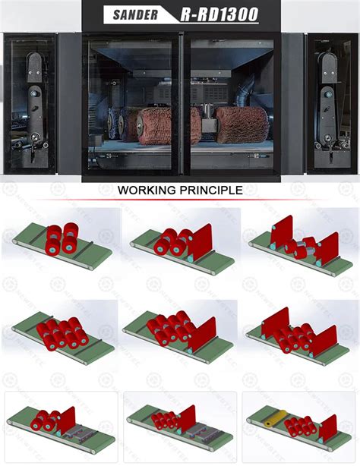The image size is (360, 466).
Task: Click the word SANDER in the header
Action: [x=135, y=15]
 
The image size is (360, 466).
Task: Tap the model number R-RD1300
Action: [x=219, y=14]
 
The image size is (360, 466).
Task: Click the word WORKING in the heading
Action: [x=147, y=190]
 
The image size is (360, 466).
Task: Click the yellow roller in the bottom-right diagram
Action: [x=275, y=418]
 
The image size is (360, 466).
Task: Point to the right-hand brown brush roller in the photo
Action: [x=241, y=124]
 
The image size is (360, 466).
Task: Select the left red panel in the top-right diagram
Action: [x=282, y=231]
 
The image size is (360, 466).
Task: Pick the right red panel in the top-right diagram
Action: [x=327, y=248]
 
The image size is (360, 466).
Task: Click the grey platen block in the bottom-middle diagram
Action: [x=199, y=429]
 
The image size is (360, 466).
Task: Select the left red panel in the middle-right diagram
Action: [x=276, y=323]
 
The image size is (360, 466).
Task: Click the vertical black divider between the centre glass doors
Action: [x=182, y=104]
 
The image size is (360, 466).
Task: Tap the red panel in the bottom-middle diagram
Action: [x=186, y=419]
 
